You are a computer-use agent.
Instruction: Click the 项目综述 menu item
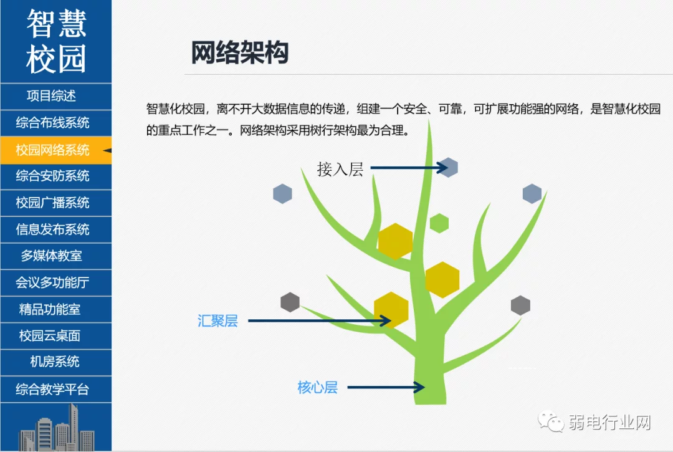(51, 96)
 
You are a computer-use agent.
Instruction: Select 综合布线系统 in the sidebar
(52, 123)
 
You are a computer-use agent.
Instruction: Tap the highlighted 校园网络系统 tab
(52, 150)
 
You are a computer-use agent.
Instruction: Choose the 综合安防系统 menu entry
(52, 176)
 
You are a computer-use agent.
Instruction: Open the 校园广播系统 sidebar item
(52, 203)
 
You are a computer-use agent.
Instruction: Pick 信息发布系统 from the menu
(52, 229)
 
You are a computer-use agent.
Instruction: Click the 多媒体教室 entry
(51, 256)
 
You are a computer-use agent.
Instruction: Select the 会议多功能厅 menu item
(52, 282)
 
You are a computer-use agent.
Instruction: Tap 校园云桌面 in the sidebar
(50, 335)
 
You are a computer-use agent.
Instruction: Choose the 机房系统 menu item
(54, 362)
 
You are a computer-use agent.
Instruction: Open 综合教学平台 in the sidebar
(52, 389)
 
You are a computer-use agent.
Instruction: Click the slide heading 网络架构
(239, 52)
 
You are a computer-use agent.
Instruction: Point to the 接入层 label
(340, 169)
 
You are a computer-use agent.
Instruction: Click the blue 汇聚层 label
(217, 320)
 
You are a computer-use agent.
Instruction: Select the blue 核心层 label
(318, 388)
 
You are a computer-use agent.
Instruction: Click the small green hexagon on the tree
(439, 223)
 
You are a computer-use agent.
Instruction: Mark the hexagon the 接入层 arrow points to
(448, 168)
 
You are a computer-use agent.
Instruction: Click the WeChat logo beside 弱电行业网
(551, 421)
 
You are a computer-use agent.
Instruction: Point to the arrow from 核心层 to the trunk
(386, 388)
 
